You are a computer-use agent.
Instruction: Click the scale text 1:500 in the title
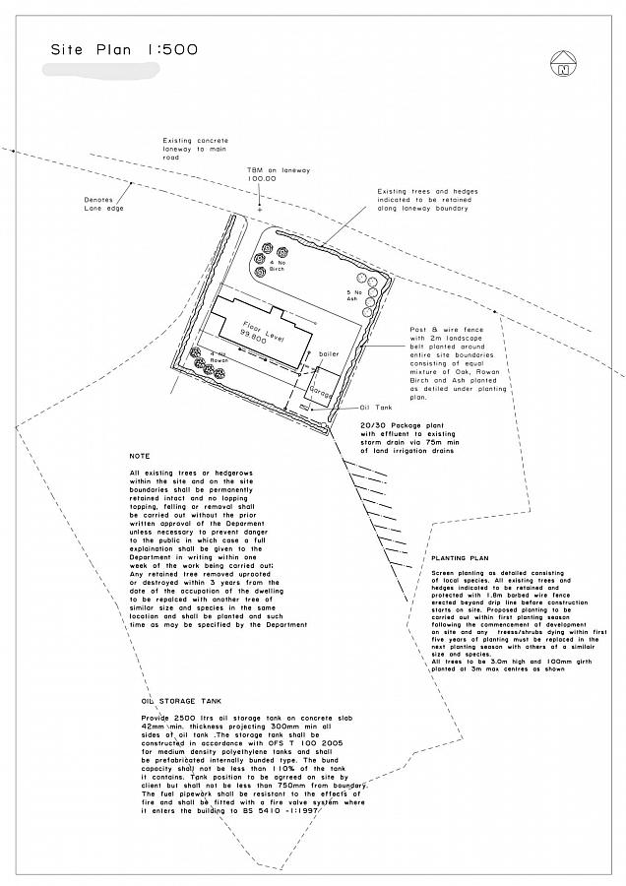click(171, 48)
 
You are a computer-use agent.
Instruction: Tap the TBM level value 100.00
click(261, 179)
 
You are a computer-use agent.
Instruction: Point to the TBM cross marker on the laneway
click(259, 210)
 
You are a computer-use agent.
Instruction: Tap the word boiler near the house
click(329, 351)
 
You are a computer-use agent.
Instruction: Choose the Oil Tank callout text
click(376, 407)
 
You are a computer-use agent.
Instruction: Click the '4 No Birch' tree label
click(277, 265)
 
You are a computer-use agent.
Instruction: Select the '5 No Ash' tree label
click(356, 294)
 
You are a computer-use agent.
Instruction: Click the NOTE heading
click(139, 456)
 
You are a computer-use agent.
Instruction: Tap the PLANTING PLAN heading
click(461, 558)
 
